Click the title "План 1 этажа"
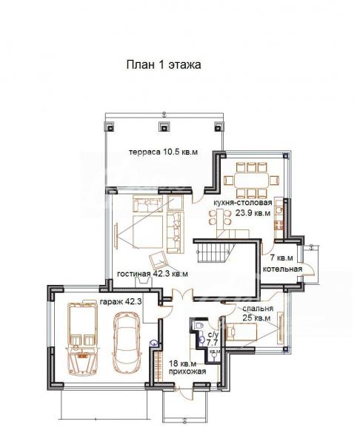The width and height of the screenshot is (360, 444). coord(164,65)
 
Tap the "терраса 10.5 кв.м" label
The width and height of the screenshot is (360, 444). coord(163,152)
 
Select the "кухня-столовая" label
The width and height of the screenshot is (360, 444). coord(243,203)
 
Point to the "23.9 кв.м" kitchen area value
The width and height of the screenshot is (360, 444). coord(253,213)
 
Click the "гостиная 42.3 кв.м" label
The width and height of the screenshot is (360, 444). coord(153,274)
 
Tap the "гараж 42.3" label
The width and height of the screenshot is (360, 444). coord(121,302)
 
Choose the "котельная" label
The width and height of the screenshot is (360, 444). coord(283,269)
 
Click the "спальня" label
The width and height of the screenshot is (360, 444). coord(258,309)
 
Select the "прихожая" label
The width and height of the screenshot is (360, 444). coord(187,371)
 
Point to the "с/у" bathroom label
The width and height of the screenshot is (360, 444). coord(213,334)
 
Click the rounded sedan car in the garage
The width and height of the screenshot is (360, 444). coord(126,342)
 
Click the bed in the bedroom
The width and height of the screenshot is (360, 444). coord(241,332)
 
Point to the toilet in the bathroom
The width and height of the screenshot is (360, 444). coord(198,326)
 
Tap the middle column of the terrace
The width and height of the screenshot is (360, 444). coord(164,127)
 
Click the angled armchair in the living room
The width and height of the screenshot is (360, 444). coord(158,260)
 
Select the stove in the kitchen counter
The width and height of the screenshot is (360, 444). coord(279,226)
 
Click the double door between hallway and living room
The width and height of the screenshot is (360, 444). coord(183,295)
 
